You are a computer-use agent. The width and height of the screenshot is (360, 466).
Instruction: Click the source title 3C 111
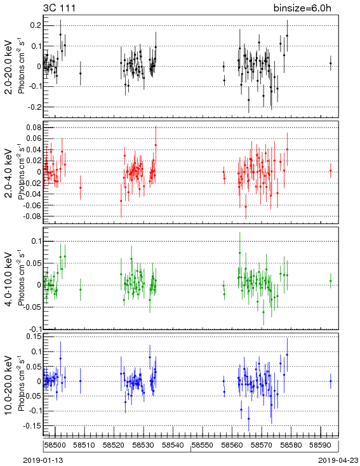[x=60, y=8]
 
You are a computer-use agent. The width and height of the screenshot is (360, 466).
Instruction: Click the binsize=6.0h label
[x=302, y=8]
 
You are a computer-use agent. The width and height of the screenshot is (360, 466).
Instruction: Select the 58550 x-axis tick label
[x=203, y=445]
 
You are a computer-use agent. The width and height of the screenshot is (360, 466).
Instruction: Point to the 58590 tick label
[x=321, y=445]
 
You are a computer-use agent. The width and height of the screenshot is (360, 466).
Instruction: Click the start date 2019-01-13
[x=43, y=460]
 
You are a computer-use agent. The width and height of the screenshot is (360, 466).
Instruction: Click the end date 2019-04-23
[x=338, y=460]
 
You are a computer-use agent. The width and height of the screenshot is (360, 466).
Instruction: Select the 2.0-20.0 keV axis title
[x=9, y=67]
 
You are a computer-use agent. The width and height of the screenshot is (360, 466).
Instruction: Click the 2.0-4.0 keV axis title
[x=9, y=173]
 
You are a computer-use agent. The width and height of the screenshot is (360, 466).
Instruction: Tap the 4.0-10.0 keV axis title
[x=9, y=279]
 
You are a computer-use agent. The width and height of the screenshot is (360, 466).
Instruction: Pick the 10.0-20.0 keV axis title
[x=9, y=385]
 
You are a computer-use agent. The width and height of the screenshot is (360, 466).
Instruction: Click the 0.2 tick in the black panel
[x=36, y=25]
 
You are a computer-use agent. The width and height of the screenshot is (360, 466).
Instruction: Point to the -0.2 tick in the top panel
[x=34, y=107]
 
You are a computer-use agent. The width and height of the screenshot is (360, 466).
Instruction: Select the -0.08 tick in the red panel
[x=32, y=216]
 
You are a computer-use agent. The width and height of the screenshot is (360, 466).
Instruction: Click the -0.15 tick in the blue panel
[x=32, y=426]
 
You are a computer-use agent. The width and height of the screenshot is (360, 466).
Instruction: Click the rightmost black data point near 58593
[x=331, y=63]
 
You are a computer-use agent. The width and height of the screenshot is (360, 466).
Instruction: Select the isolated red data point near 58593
[x=331, y=171]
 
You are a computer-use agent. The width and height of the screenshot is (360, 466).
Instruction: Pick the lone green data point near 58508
[x=80, y=290]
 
